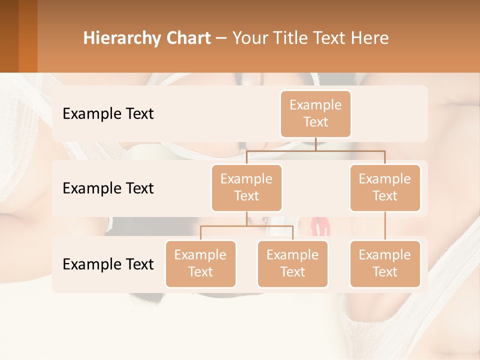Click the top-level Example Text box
click(x=315, y=113)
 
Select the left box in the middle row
click(x=246, y=187)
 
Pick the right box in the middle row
click(x=385, y=187)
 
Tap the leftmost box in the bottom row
click(x=200, y=263)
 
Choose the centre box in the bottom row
click(x=292, y=263)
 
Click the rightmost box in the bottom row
click(x=385, y=263)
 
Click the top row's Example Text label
click(x=108, y=114)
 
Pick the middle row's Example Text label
click(x=108, y=188)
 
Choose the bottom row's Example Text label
click(x=108, y=264)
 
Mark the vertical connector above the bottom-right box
click(x=385, y=226)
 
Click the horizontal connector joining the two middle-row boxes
click(x=315, y=150)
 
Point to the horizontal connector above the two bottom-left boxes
click(x=246, y=226)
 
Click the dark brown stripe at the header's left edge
click(x=9, y=36)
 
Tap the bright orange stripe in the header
click(x=28, y=36)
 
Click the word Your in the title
click(x=248, y=38)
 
